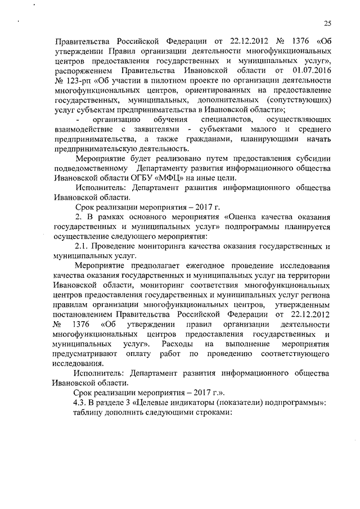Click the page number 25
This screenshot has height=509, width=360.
point(327,23)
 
